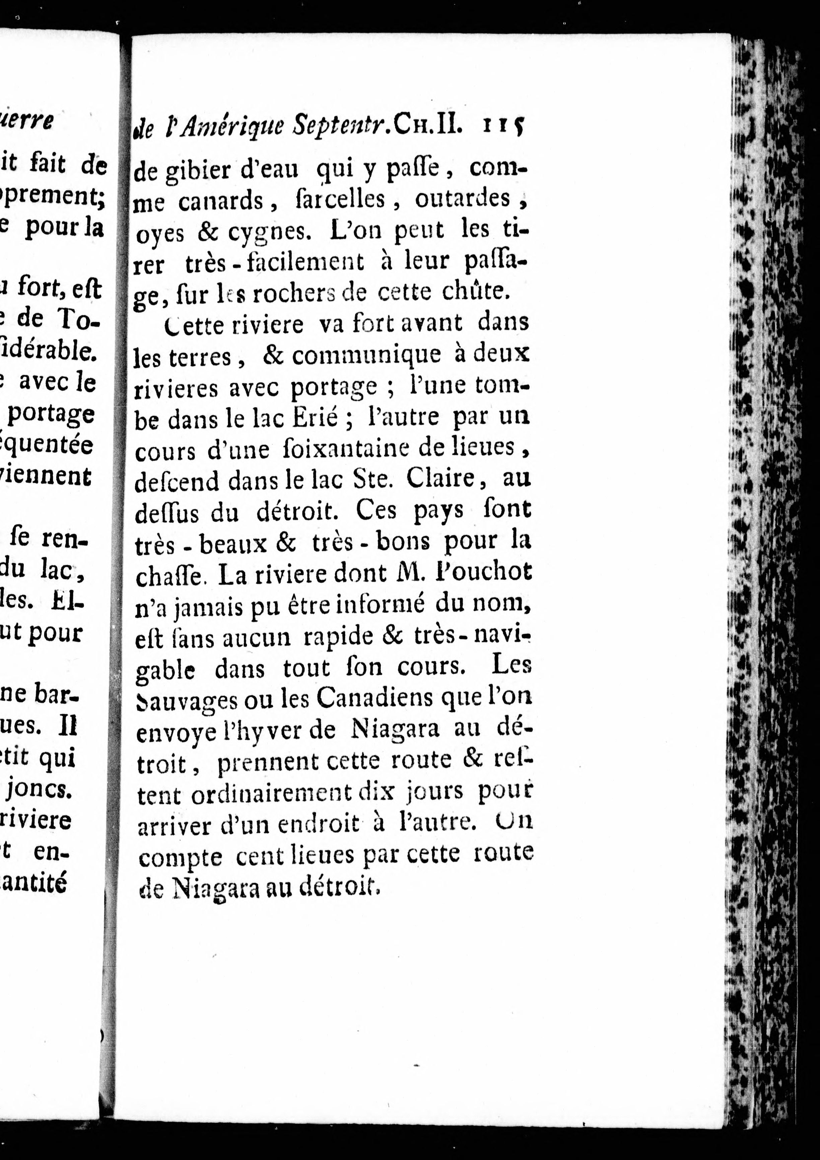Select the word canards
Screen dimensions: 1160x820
tap(221, 201)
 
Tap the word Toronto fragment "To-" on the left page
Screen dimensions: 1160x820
tap(80, 318)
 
